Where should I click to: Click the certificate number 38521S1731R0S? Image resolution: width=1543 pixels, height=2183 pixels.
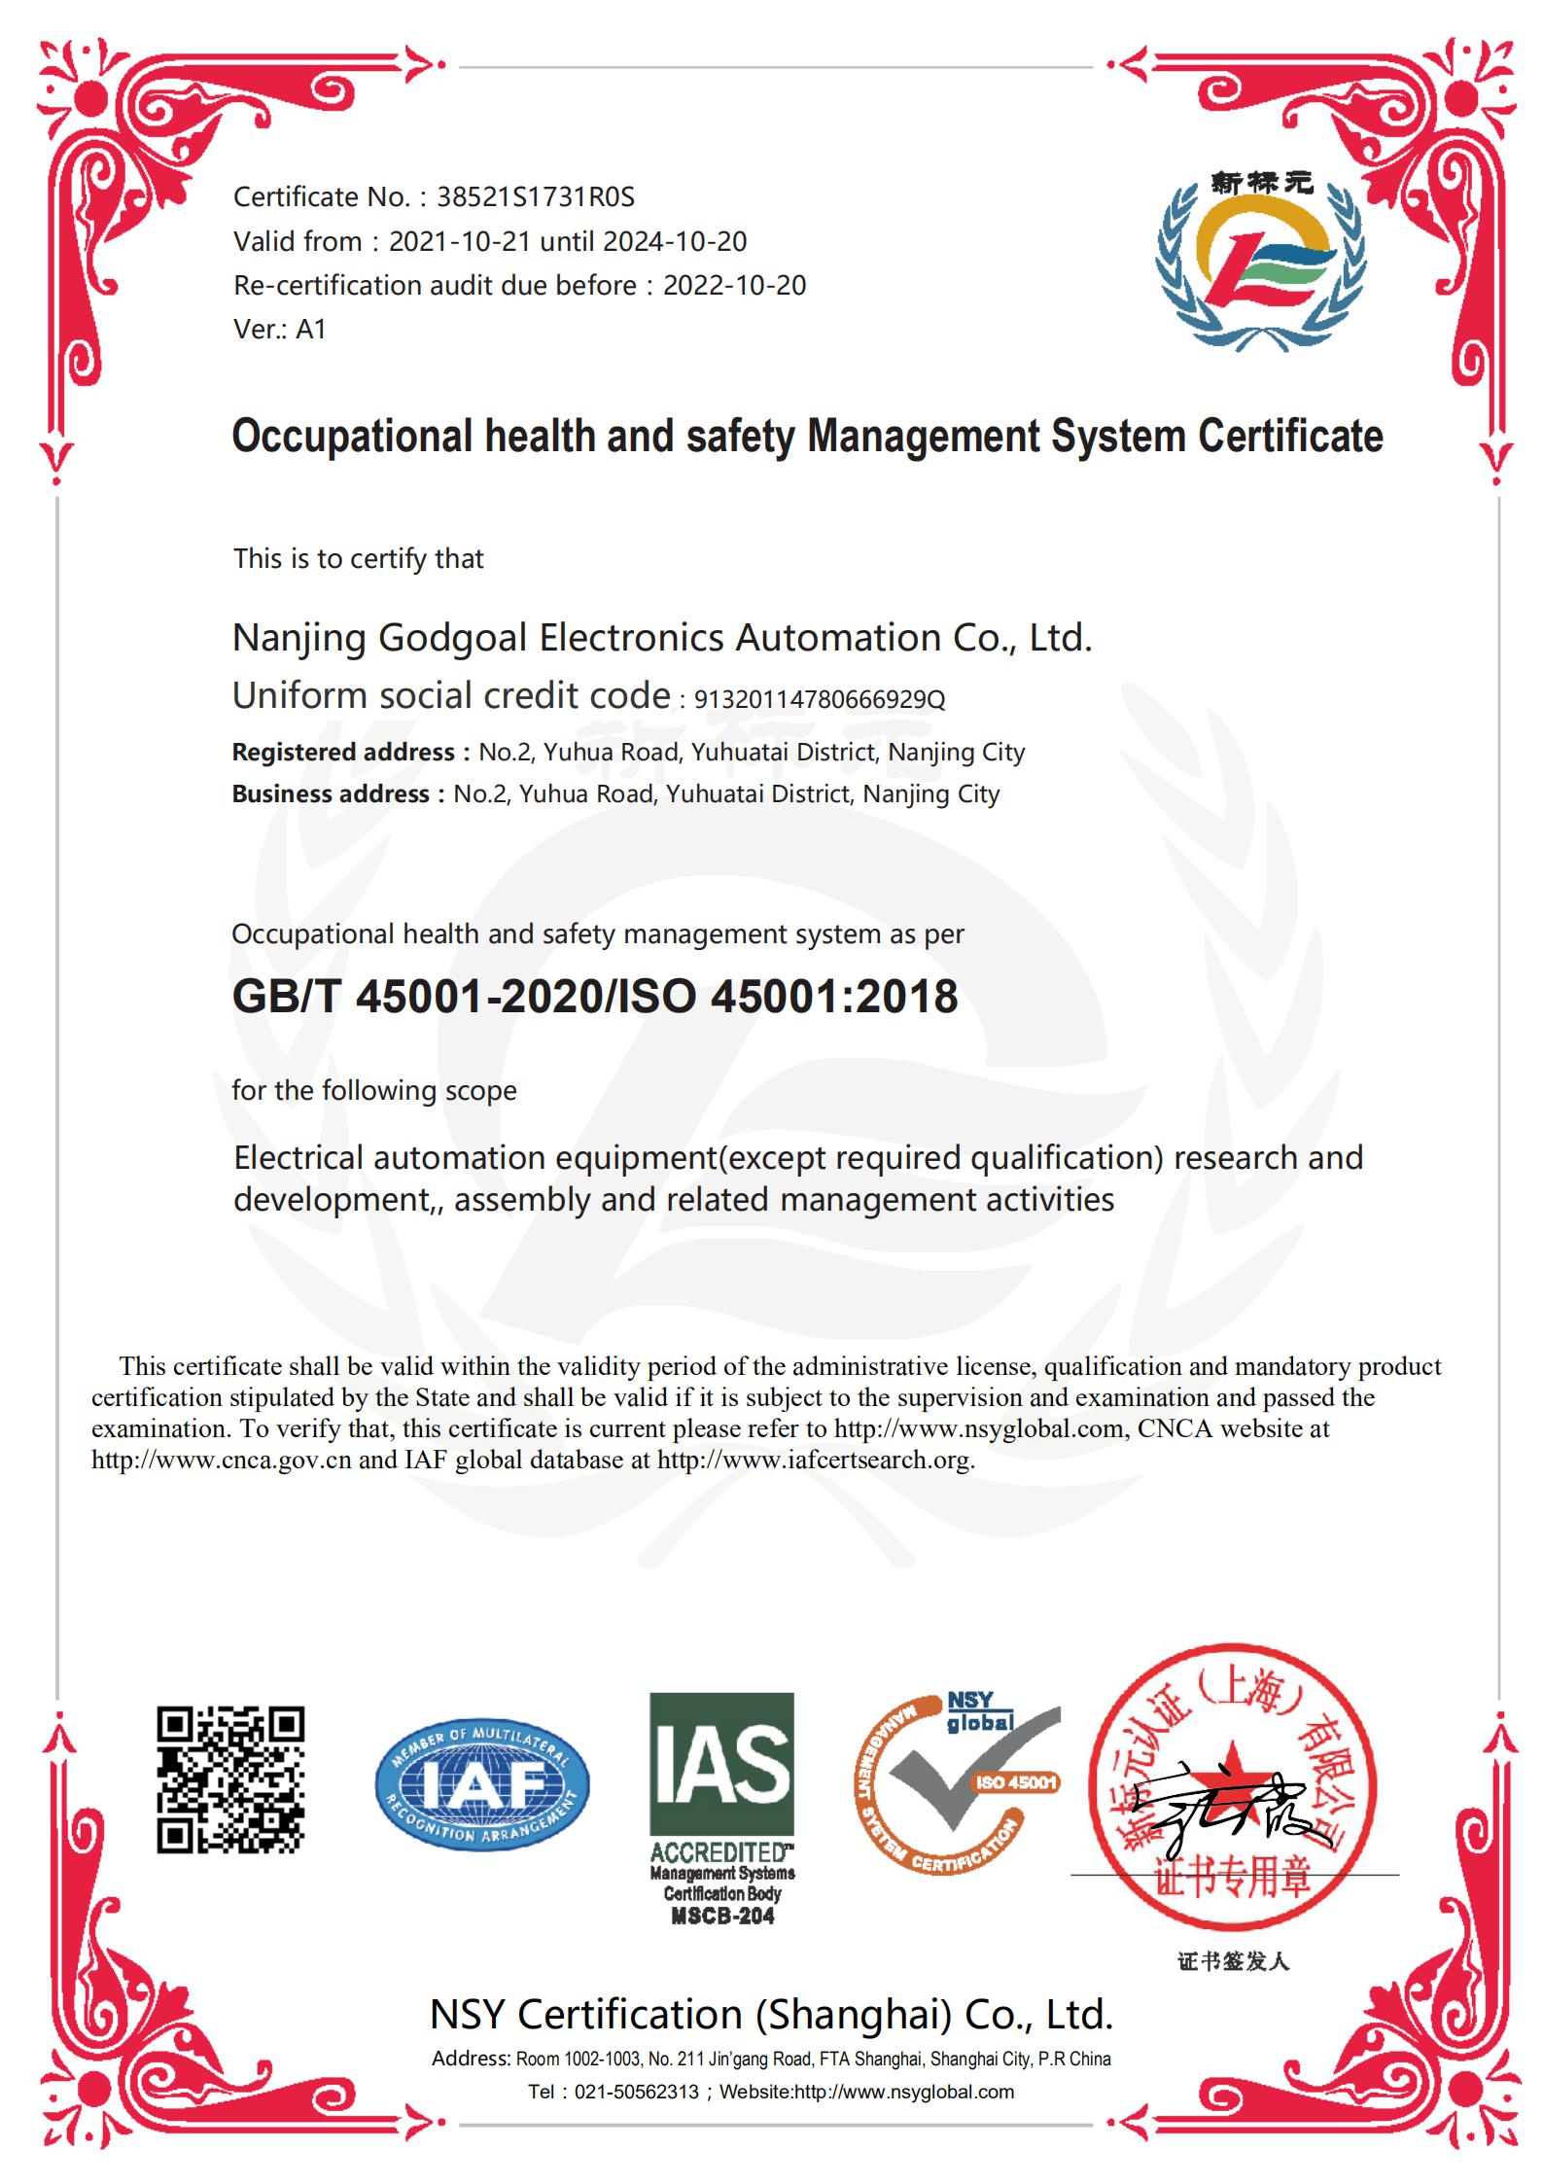535,197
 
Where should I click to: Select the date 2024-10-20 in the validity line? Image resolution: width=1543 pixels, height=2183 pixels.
674,241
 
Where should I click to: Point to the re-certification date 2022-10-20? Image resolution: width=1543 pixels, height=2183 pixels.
734,285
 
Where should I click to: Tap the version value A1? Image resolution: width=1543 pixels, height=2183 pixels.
310,329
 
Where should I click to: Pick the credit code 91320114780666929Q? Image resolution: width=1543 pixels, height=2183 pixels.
819,699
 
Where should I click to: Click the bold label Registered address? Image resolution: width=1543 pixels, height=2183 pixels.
342,752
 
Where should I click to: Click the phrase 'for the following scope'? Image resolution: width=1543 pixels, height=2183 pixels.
373,1090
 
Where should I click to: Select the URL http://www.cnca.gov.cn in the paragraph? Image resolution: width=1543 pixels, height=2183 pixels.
221,1460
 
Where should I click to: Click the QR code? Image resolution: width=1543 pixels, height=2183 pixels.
230,1778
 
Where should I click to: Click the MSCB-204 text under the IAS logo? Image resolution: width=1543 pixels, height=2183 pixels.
721,1917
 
